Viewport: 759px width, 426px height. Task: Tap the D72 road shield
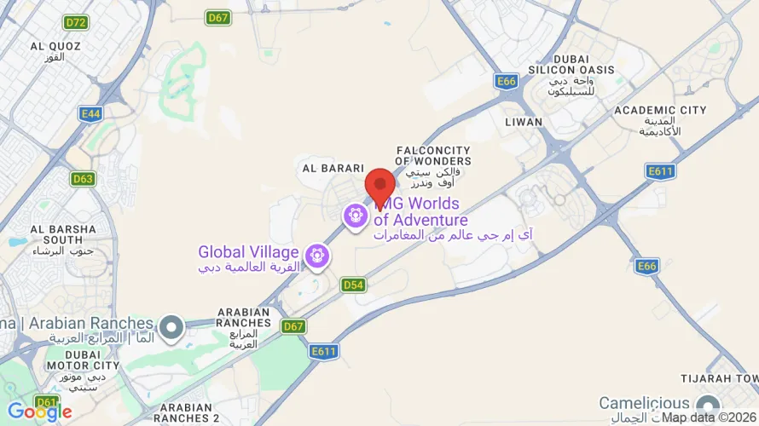[x=77, y=22]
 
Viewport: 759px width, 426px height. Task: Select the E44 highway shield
[x=90, y=112]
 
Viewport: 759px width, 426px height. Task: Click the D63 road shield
[x=83, y=179]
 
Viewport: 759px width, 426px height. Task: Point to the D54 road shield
[x=353, y=285]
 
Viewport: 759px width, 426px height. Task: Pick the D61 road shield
[x=47, y=401]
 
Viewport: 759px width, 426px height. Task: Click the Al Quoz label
[x=55, y=51]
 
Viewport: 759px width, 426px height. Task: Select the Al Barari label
[x=333, y=169]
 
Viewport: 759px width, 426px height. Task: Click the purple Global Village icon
[x=319, y=253]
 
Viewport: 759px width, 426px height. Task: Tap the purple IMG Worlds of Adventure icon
[x=356, y=216]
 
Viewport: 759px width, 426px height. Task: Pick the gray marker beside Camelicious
[x=706, y=403]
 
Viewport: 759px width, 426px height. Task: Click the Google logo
[x=40, y=412]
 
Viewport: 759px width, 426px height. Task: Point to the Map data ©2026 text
[x=709, y=417]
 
